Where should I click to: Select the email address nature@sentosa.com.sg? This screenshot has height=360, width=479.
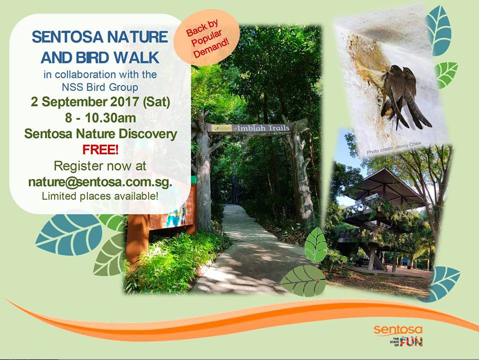pos(100,181)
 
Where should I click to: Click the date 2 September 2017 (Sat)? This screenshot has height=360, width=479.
pos(100,103)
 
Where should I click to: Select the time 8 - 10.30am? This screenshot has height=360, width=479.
pos(100,118)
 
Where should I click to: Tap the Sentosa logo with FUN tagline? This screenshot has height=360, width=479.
pos(398,335)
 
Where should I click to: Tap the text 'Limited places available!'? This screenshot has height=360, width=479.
pos(100,196)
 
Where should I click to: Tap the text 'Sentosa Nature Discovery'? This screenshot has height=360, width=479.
pos(100,134)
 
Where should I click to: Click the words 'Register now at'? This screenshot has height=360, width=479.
pos(100,165)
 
